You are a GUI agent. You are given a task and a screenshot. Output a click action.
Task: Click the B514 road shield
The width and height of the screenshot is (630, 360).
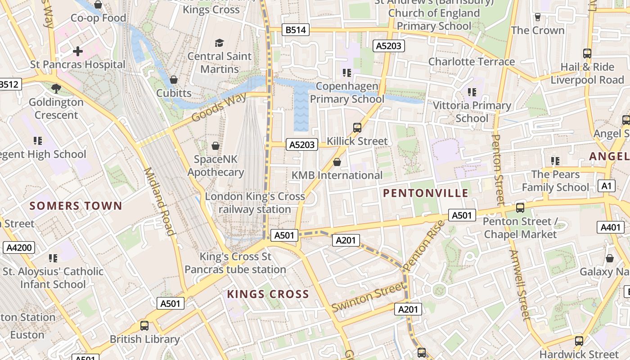(x=296, y=30)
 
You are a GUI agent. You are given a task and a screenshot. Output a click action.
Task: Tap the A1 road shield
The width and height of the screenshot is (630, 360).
(x=607, y=186)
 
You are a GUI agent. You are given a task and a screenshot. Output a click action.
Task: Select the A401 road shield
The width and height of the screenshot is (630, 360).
(x=610, y=227)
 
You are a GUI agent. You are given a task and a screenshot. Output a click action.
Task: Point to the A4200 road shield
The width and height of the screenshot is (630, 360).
(x=18, y=247)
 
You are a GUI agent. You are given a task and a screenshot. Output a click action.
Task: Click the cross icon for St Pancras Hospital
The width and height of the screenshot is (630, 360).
(x=78, y=51)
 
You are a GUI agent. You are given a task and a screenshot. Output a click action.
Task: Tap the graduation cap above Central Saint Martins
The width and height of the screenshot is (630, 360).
(x=219, y=43)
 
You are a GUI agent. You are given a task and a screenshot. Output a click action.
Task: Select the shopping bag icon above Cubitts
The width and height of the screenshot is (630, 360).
(x=174, y=80)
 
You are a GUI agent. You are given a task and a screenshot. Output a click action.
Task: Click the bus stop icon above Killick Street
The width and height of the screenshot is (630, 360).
(x=357, y=128)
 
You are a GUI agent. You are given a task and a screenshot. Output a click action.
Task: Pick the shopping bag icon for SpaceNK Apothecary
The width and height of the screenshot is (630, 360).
(x=216, y=146)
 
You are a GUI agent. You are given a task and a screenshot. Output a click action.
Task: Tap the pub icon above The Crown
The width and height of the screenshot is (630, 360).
(x=537, y=17)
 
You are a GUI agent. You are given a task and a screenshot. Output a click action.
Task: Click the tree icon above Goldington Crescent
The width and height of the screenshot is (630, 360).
(x=56, y=89)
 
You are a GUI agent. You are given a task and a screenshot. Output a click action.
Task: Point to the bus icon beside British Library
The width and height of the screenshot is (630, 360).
(x=144, y=326)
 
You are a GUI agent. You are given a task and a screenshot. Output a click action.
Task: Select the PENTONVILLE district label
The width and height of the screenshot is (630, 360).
(x=426, y=193)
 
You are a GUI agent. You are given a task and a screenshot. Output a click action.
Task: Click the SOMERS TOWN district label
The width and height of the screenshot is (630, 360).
(x=76, y=206)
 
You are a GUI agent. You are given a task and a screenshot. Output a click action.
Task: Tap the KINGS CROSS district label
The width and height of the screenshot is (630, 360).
(x=268, y=294)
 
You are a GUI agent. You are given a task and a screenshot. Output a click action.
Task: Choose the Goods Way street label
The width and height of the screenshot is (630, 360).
(x=219, y=108)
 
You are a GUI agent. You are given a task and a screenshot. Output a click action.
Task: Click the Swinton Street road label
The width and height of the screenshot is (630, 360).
(x=368, y=297)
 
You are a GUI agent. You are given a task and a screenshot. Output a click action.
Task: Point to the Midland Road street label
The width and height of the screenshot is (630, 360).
(x=159, y=201)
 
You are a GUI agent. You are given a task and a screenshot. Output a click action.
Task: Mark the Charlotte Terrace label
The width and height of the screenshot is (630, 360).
(x=471, y=62)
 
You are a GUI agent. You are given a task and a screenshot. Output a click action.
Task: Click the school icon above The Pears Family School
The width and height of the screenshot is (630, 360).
(x=555, y=161)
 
